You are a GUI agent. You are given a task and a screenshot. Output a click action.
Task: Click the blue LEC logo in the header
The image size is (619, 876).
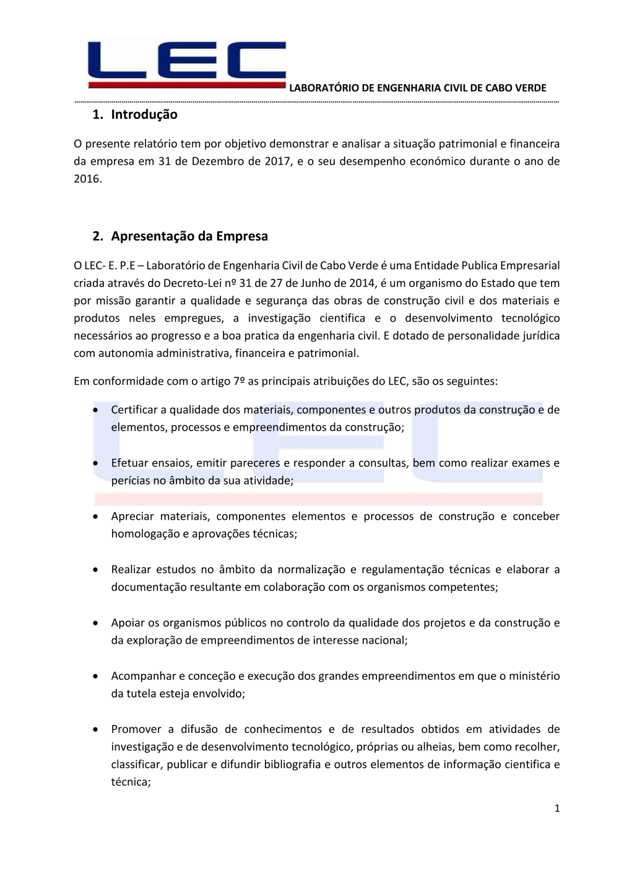click(186, 64)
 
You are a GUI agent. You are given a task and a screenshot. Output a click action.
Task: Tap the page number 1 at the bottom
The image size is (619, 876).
click(557, 808)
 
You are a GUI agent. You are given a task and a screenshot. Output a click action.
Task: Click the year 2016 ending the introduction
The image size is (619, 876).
click(87, 179)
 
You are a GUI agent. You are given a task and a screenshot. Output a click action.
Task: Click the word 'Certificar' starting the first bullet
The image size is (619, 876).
click(135, 410)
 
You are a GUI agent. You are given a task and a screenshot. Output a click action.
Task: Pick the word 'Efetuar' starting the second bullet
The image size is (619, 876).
click(130, 463)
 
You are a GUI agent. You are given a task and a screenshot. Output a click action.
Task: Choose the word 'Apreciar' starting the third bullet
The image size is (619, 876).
click(132, 516)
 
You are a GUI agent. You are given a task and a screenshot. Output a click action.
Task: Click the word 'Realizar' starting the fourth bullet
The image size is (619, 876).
click(131, 569)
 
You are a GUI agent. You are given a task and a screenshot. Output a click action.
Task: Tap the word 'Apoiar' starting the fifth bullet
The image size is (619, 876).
click(128, 623)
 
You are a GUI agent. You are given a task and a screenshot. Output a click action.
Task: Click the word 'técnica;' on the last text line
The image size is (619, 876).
click(131, 782)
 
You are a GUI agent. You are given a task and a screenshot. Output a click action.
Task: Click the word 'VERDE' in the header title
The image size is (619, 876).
click(532, 88)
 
